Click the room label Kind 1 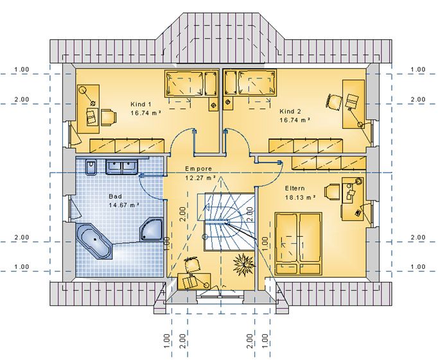(x=141, y=105)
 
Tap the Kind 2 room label (x=290, y=112)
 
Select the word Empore (x=198, y=169)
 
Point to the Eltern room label (x=295, y=189)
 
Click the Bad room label (x=115, y=196)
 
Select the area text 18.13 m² (x=300, y=197)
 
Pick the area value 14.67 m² (x=124, y=205)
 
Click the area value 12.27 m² (x=200, y=178)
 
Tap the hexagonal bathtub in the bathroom (x=94, y=241)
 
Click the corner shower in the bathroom (x=152, y=229)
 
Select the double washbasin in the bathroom (x=121, y=167)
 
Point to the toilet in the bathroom (x=91, y=167)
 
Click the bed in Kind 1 (x=191, y=83)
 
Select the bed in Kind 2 (x=250, y=83)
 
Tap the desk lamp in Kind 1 (x=87, y=96)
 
